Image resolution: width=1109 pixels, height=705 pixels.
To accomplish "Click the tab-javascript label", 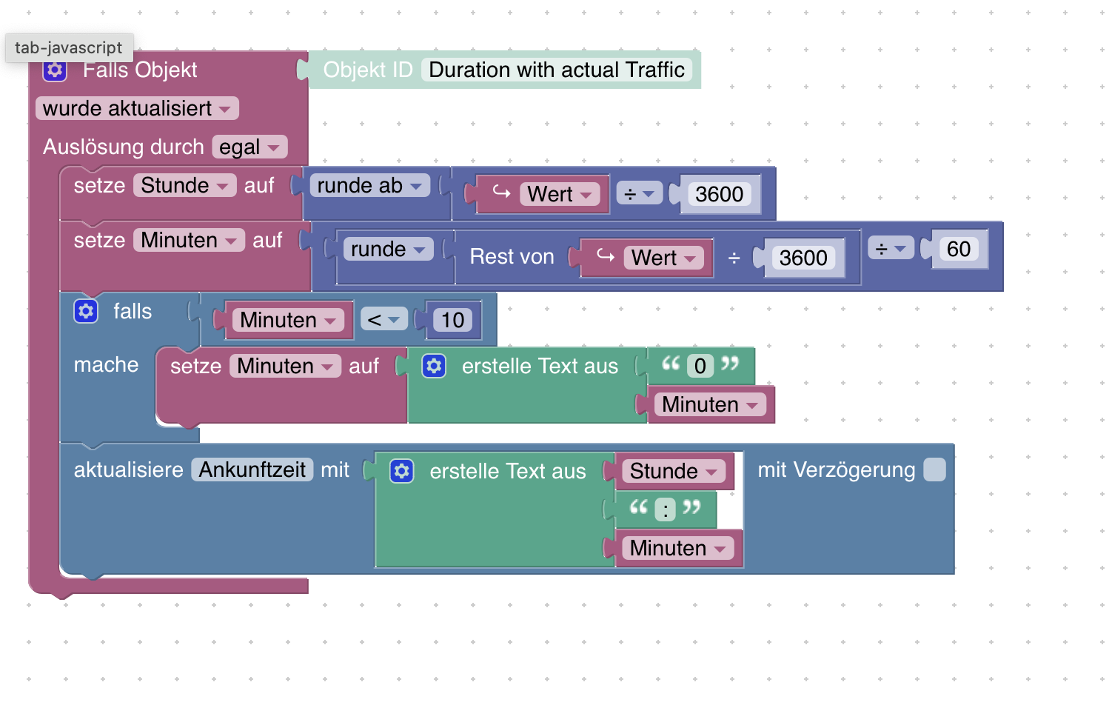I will (68, 47).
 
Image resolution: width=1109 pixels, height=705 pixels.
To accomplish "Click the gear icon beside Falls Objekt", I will (55, 70).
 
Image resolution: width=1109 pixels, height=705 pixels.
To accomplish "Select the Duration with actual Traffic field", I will (556, 70).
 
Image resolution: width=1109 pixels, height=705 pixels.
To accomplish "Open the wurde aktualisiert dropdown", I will (137, 108).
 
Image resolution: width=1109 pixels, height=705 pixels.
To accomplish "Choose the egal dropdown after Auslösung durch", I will (249, 147).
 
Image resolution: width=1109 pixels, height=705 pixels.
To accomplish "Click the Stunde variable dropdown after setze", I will (184, 185).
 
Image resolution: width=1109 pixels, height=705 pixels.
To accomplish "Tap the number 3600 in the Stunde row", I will (719, 194).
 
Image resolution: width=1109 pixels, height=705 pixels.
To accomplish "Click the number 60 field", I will (958, 249).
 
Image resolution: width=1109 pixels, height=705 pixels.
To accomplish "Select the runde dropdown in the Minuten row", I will (388, 249).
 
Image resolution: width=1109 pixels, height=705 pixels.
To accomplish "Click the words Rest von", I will (512, 256).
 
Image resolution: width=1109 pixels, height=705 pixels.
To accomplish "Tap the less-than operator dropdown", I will (383, 320).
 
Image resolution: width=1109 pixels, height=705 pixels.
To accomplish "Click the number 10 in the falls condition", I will (452, 320).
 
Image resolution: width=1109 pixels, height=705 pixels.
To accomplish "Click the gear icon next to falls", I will (86, 311).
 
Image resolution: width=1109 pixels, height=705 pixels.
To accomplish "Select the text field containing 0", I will (700, 366).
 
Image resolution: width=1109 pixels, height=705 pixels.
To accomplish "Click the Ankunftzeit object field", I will (252, 470).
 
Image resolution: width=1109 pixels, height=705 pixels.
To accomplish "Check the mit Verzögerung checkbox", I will (934, 470).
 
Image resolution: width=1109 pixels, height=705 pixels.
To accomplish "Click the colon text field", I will (665, 509).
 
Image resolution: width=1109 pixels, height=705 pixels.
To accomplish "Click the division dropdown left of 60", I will (891, 249).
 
